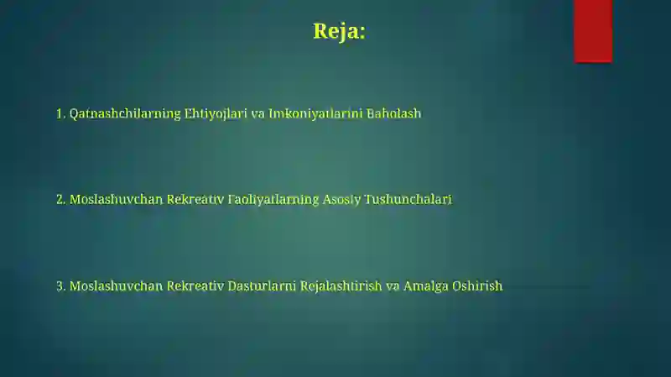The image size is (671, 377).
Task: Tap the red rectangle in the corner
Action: pyautogui.click(x=593, y=31)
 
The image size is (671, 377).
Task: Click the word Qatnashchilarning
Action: pyautogui.click(x=125, y=114)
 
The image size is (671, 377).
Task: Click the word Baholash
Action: pyautogui.click(x=393, y=113)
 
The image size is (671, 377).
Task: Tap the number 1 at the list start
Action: pyautogui.click(x=60, y=113)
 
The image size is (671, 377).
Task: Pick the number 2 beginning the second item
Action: pyautogui.click(x=60, y=200)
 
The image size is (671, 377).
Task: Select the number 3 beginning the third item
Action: pyautogui.click(x=60, y=286)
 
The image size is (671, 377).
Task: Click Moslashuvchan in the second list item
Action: pyautogui.click(x=116, y=200)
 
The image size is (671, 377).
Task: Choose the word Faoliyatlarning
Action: pyautogui.click(x=273, y=200)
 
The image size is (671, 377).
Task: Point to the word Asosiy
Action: pyautogui.click(x=341, y=200)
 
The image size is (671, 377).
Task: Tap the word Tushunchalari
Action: pyautogui.click(x=408, y=200)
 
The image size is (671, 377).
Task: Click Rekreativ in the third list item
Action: pyautogui.click(x=195, y=285)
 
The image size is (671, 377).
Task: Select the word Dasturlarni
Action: pyautogui.click(x=262, y=285)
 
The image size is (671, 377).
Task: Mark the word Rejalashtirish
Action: pyautogui.click(x=341, y=286)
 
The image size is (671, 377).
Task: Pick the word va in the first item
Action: pyautogui.click(x=258, y=114)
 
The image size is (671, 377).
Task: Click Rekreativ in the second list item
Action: pyautogui.click(x=195, y=200)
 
